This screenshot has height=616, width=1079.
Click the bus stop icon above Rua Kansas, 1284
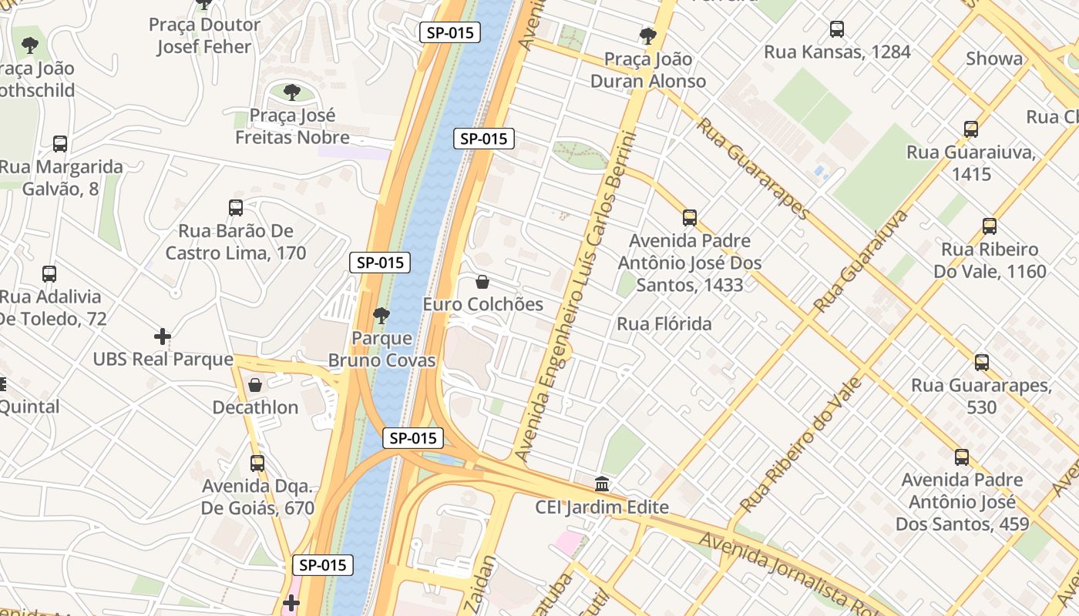pos(836,29)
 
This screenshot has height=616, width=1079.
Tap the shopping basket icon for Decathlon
pos(255,384)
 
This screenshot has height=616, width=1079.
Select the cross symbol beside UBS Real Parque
pos(163,336)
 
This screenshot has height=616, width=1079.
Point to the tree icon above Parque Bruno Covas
pos(381,315)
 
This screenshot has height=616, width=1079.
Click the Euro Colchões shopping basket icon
pos(482,282)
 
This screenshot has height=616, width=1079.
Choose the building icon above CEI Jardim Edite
pos(602,484)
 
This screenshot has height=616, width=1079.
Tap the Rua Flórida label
pos(664,324)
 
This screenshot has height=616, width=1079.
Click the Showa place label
pos(994,59)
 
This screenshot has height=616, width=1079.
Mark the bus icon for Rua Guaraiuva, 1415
pos(971,129)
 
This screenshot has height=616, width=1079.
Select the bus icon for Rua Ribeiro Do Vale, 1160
pos(990,226)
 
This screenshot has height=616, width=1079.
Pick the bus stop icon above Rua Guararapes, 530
pos(981,362)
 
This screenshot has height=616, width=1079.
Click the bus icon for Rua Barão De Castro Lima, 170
pos(236,208)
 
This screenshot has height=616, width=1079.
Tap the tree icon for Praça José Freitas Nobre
pos(292,92)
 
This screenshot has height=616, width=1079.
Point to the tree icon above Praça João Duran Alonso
pos(647,35)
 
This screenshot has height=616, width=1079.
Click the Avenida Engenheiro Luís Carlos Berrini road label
pos(578,296)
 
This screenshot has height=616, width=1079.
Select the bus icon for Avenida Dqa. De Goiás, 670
pos(257,464)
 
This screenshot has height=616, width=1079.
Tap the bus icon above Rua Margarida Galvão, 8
pos(60,144)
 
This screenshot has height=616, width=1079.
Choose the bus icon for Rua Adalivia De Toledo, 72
pos(49,273)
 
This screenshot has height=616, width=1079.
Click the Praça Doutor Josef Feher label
pos(204,35)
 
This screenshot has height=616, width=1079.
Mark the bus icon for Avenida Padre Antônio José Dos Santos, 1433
pos(690,218)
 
